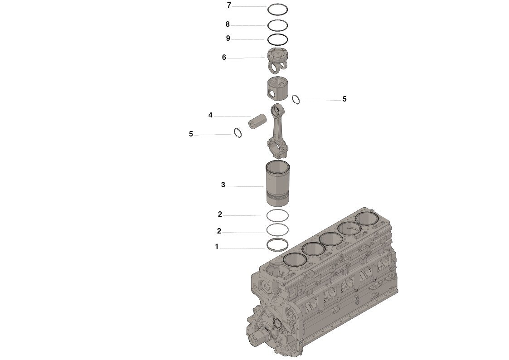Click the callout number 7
click(x=229, y=5)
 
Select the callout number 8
click(x=228, y=24)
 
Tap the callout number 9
click(x=228, y=39)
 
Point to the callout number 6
click(x=224, y=58)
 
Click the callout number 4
click(x=210, y=115)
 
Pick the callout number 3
click(x=223, y=185)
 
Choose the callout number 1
click(x=217, y=247)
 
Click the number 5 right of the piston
click(x=344, y=99)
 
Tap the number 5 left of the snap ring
click(x=191, y=134)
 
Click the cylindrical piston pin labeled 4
click(x=257, y=121)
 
